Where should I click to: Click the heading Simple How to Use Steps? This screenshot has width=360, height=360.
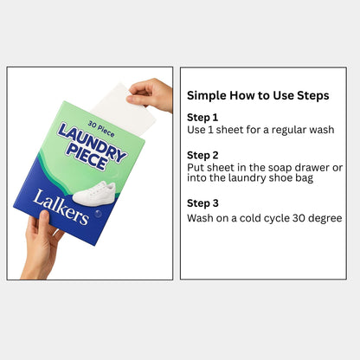tap(258, 95)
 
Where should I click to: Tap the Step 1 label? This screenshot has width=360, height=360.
tap(202, 117)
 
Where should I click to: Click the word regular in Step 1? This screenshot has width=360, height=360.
tap(277, 130)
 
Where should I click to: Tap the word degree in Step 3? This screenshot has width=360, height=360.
tap(325, 218)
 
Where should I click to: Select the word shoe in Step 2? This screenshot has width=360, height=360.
tap(281, 178)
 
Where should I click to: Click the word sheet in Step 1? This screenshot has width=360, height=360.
tap(229, 130)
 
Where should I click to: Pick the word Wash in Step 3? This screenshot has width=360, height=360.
tap(201, 218)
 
